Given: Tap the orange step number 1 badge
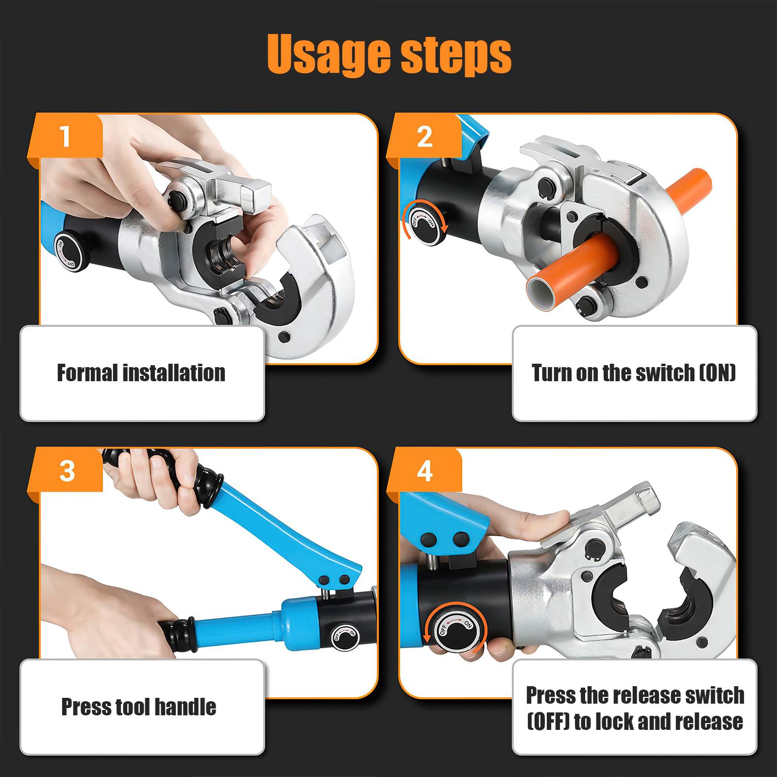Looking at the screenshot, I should tap(66, 136).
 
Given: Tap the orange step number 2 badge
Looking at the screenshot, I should tap(424, 136).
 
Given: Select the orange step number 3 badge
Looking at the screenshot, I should tap(67, 471).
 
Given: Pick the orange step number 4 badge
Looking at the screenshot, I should tap(424, 471).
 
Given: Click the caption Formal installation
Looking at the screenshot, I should tap(141, 373).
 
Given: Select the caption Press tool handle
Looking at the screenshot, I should tap(139, 707).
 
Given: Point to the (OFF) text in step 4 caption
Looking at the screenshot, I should tap(548, 722).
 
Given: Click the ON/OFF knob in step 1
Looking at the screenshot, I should tap(68, 253).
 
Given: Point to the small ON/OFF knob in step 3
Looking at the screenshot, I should tap(345, 635).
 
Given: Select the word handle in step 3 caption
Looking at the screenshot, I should tap(187, 707).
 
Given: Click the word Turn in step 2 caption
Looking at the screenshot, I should tap(552, 373).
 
